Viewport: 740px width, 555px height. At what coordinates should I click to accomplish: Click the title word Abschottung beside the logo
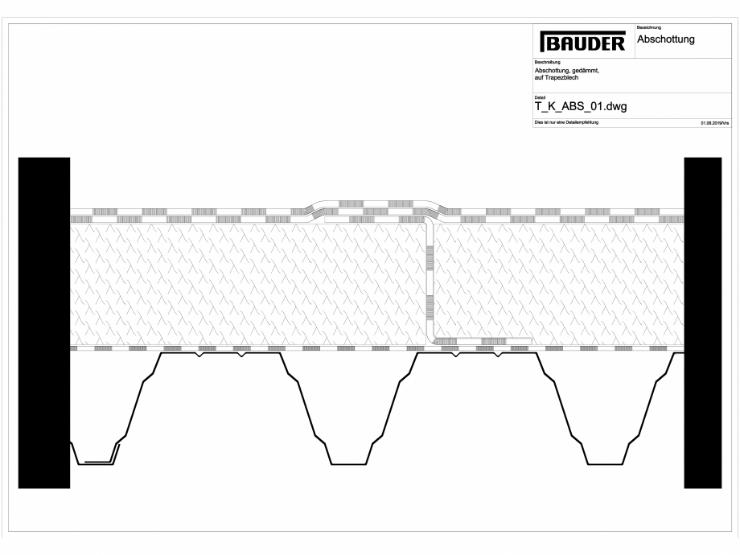pos(666,39)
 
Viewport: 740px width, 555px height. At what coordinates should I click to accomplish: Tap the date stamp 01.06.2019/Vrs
pos(714,123)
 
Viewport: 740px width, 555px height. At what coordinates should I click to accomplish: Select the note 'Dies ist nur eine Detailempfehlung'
pos(565,122)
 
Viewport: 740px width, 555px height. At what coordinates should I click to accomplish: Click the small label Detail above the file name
pos(539,97)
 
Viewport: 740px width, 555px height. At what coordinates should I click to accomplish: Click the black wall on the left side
pos(44,322)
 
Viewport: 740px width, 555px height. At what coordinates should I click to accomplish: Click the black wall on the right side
pos(703,322)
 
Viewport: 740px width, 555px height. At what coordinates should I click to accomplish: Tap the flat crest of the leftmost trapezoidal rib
pos(219,355)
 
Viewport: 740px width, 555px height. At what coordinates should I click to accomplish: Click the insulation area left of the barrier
pos(241,282)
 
